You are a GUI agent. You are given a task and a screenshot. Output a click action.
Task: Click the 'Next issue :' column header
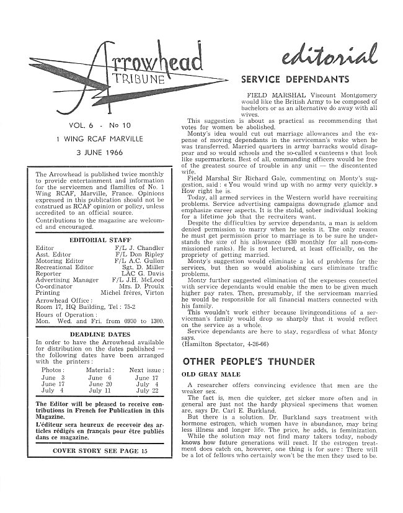point(146,369)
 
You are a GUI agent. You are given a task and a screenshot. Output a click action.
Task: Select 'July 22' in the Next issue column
point(146,391)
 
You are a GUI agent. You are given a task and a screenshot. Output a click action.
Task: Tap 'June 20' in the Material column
point(99,384)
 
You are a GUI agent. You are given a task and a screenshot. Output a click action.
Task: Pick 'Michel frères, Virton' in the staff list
point(132,292)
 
